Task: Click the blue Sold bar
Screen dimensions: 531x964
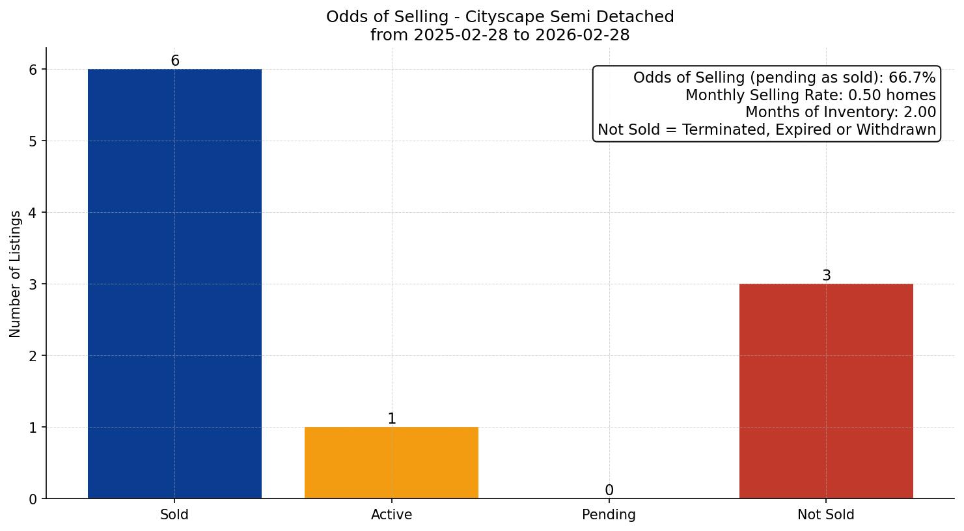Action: click(174, 284)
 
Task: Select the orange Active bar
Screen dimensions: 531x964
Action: click(391, 463)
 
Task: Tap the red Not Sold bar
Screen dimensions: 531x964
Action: click(826, 391)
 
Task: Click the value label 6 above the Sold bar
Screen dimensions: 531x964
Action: click(174, 61)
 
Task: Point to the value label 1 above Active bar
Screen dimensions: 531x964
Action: click(391, 419)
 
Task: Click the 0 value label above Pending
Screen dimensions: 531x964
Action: click(609, 491)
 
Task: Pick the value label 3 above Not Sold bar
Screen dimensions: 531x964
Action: click(826, 276)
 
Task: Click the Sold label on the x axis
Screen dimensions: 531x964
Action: click(174, 515)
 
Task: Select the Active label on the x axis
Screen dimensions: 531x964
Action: click(391, 515)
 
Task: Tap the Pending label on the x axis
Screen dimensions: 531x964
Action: click(609, 515)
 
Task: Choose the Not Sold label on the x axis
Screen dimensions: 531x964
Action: click(825, 515)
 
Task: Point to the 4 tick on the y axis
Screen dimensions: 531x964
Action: click(34, 213)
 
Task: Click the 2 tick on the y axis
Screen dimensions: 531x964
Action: click(34, 356)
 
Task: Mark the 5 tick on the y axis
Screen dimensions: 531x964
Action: click(34, 141)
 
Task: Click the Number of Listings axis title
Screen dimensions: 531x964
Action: click(16, 273)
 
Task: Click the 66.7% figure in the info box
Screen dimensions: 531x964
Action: click(912, 78)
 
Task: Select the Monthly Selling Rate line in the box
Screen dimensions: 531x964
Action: click(810, 96)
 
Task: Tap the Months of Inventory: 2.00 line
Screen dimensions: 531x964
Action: click(840, 113)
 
